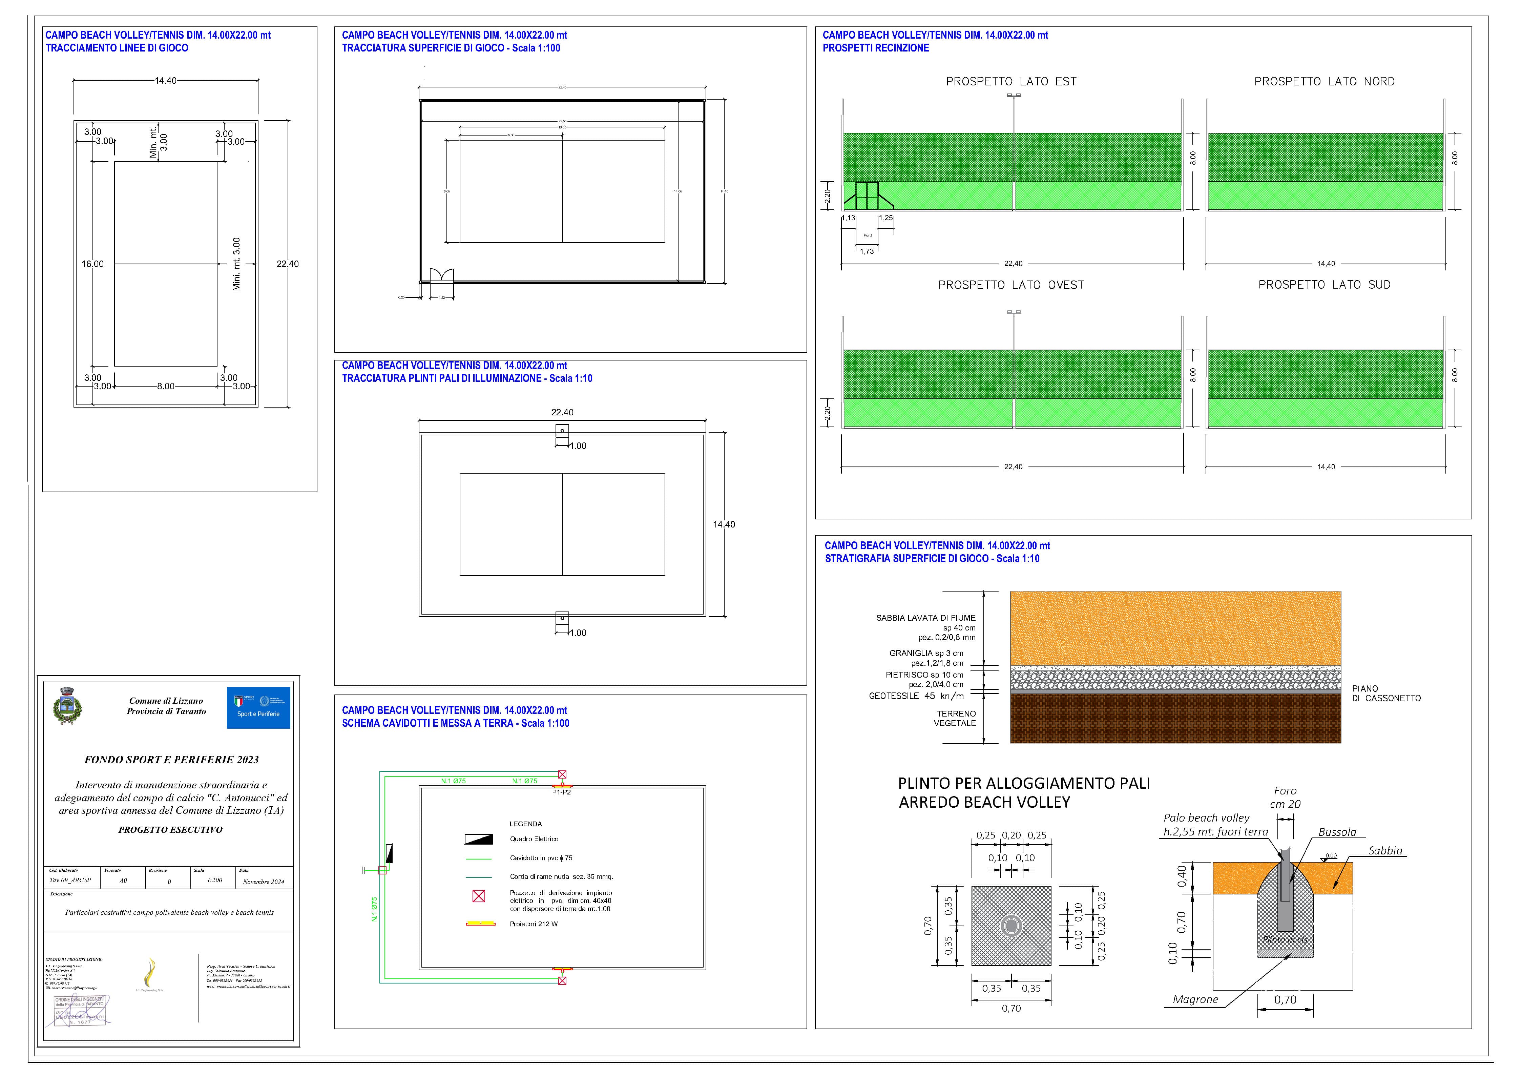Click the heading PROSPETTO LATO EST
[1011, 82]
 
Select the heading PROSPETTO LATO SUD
[1324, 285]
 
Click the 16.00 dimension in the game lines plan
[93, 264]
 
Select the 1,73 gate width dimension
[867, 251]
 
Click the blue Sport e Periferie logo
[258, 708]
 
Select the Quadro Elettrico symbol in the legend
[478, 839]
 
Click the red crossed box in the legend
[478, 896]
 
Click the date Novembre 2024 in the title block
[263, 882]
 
